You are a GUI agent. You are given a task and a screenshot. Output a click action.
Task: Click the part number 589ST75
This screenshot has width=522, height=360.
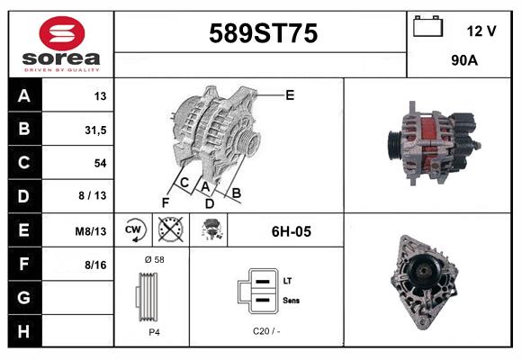pos(263,34)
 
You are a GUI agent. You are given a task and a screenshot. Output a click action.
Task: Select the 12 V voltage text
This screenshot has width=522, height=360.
pos(481,31)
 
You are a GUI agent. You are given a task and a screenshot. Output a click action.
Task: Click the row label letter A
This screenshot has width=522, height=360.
pos(23,96)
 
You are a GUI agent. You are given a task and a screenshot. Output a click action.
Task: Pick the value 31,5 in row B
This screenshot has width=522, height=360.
pos(94,130)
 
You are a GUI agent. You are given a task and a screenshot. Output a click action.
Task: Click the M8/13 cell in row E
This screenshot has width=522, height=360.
pos(91,231)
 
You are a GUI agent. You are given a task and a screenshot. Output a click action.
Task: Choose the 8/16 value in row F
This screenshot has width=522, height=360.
pos(94,265)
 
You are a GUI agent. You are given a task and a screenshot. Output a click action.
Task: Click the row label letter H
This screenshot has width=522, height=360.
pos(23,332)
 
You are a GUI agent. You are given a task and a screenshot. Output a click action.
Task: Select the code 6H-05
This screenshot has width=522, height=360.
pos(291,231)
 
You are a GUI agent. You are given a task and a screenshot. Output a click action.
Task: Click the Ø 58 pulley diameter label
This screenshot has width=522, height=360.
pos(153,259)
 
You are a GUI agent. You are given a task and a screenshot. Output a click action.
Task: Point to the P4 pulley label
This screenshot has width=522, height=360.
pos(153,332)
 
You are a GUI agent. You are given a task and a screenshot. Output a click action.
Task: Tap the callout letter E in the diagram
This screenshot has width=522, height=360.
pos(290,94)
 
